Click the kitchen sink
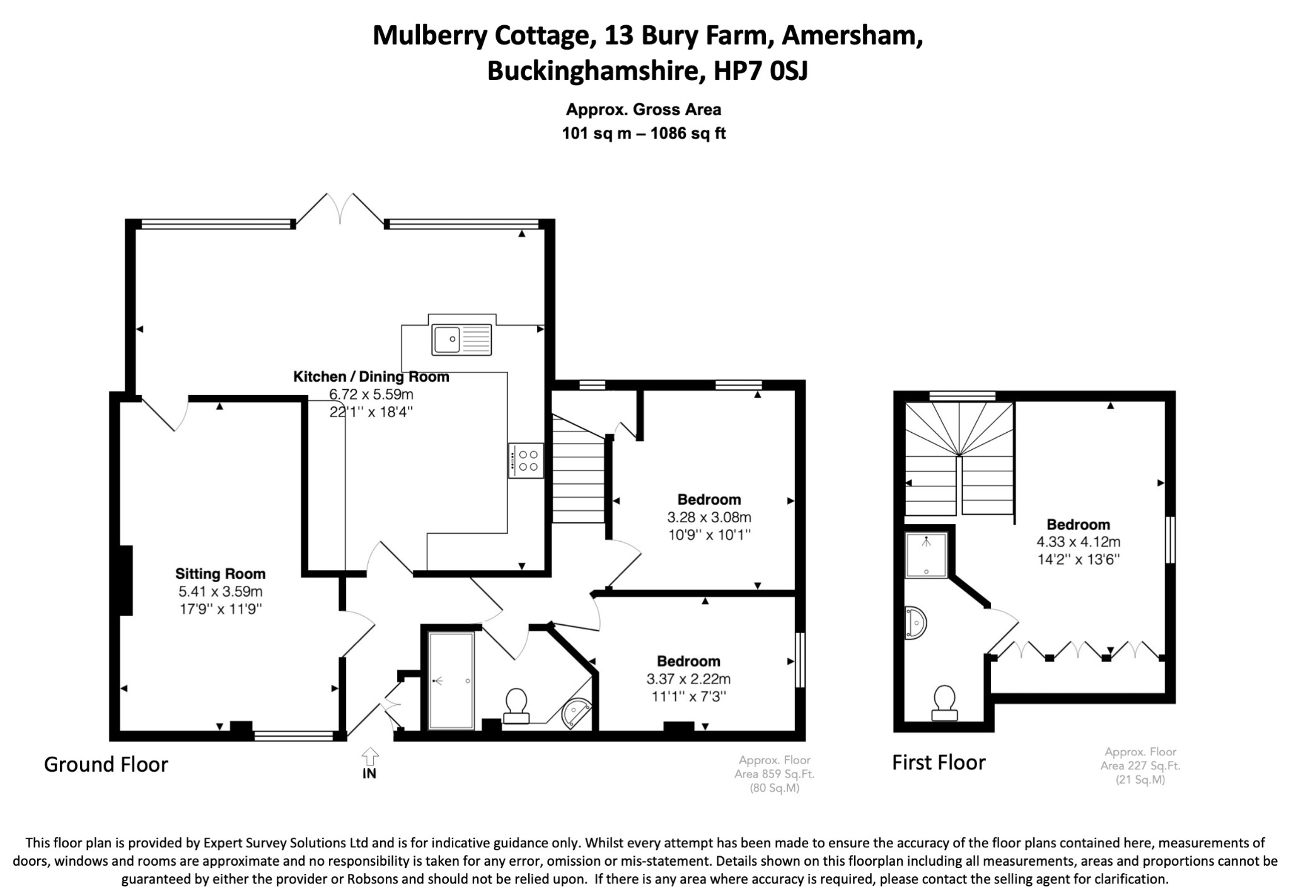click(x=461, y=339)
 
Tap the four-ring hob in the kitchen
click(x=526, y=460)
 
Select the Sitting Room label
click(x=220, y=574)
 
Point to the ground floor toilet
click(x=516, y=706)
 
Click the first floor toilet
click(x=944, y=703)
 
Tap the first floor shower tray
click(x=927, y=555)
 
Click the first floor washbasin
click(x=915, y=623)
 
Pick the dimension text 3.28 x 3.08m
click(x=709, y=518)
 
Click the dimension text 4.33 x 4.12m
click(x=1079, y=542)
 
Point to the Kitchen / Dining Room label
click(x=371, y=377)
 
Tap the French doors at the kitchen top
click(x=340, y=209)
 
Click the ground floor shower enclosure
click(x=451, y=681)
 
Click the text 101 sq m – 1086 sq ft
click(x=644, y=134)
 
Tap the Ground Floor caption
click(x=106, y=765)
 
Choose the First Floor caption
click(x=939, y=763)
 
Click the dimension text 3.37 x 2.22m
click(x=688, y=679)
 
